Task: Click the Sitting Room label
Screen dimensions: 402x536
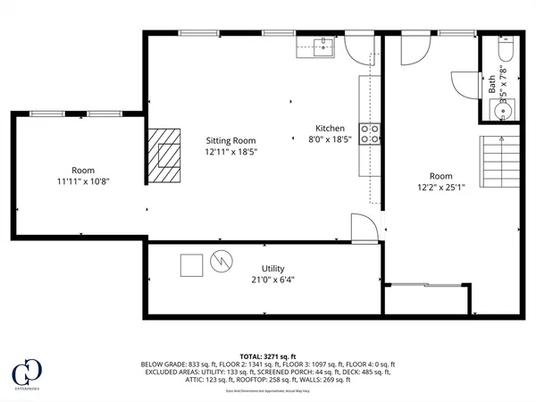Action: coord(230,140)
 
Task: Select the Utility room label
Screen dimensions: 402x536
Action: coord(272,268)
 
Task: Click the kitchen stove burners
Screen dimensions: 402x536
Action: coord(370,134)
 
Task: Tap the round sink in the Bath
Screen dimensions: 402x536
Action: coord(498,111)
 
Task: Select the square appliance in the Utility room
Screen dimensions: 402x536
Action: coord(191,265)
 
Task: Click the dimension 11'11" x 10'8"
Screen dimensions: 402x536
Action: coord(83,181)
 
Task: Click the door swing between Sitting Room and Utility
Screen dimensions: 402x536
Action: coord(363,229)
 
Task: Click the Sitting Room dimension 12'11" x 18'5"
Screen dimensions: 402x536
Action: coord(230,152)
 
